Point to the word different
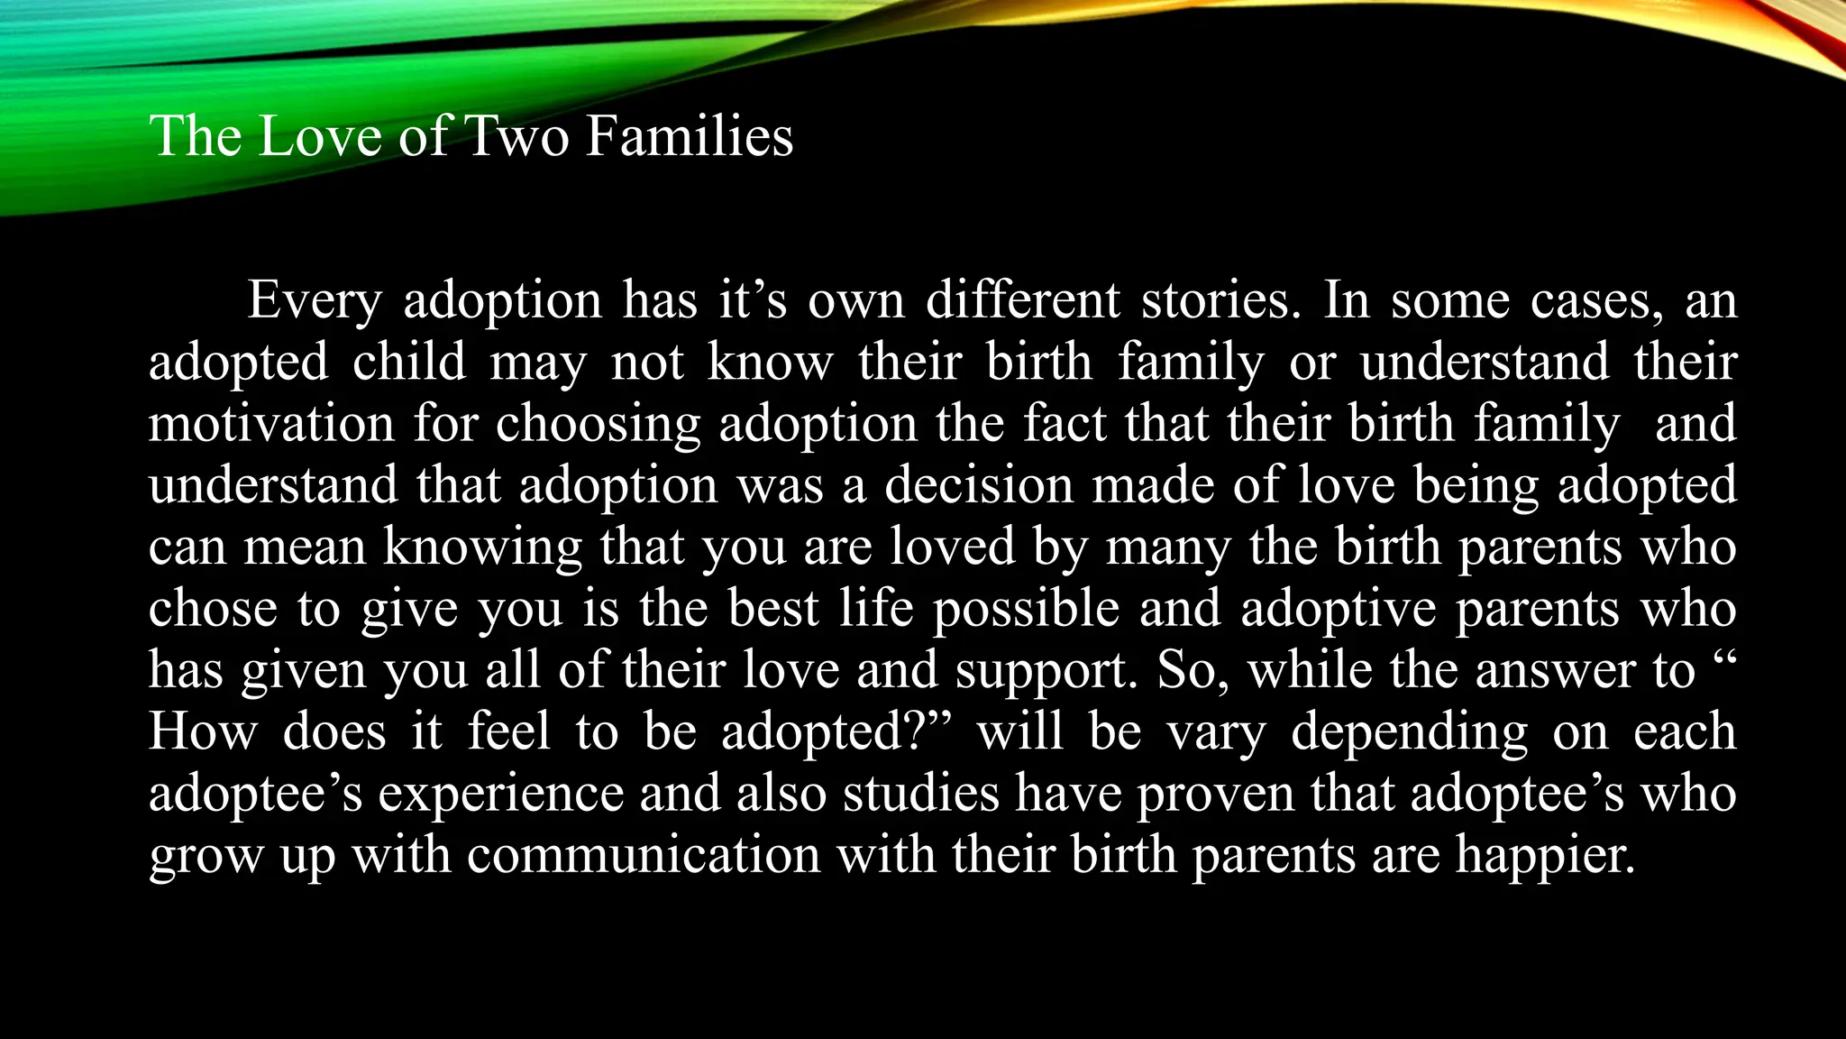[1022, 300]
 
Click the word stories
[1221, 300]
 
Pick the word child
[409, 362]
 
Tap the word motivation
[271, 423]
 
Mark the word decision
[978, 484]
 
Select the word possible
[1026, 609]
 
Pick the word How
[203, 731]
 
